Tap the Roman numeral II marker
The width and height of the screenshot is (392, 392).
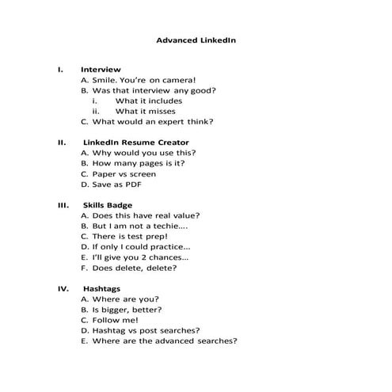pos(61,143)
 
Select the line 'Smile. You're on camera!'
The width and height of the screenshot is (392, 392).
pos(138,80)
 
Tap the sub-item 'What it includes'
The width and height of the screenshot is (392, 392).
pos(148,101)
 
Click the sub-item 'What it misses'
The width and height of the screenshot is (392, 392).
pos(146,112)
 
